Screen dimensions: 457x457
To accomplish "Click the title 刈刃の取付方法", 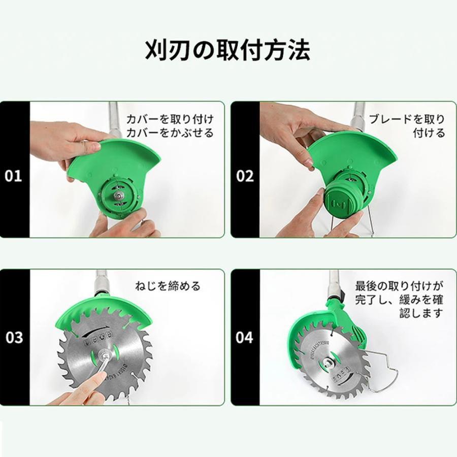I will pyautogui.click(x=227, y=50).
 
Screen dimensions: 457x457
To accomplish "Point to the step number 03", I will pyautogui.click(x=14, y=337).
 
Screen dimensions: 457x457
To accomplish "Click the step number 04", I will pyautogui.click(x=245, y=337).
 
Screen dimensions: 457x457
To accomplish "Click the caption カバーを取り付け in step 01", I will pyautogui.click(x=176, y=120).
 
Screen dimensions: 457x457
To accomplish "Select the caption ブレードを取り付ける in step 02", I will pyautogui.click(x=407, y=126).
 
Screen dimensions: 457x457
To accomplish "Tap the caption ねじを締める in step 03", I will pyautogui.click(x=168, y=286).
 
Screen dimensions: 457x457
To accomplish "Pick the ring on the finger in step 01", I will pyautogui.click(x=84, y=147).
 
